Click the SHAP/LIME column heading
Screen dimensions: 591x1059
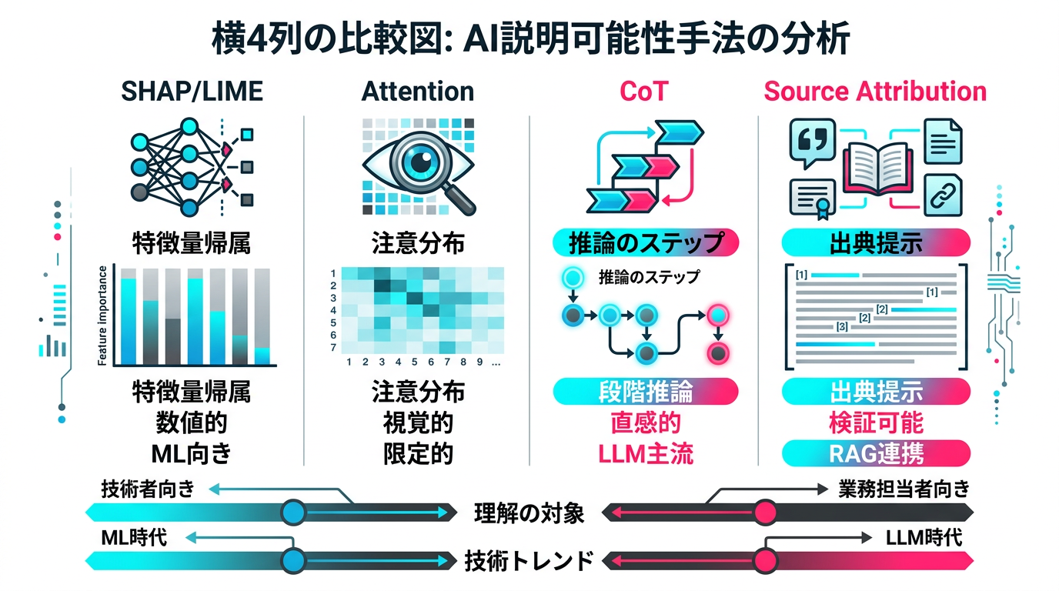(x=192, y=92)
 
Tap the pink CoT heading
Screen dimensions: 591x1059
(x=643, y=92)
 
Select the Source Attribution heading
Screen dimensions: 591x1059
(x=874, y=92)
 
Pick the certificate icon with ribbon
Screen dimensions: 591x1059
(x=814, y=198)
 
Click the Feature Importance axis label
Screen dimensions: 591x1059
(x=104, y=316)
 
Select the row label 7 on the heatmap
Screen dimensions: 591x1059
(x=333, y=348)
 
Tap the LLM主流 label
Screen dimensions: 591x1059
(x=645, y=453)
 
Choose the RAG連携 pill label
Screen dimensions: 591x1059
(x=876, y=453)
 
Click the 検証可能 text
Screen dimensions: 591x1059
(x=876, y=422)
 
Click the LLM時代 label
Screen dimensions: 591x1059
(x=923, y=537)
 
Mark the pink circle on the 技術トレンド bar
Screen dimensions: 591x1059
(x=764, y=559)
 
